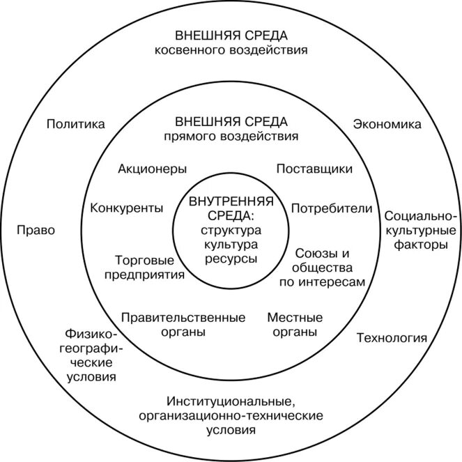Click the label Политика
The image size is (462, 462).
point(76,125)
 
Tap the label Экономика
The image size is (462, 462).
point(387,125)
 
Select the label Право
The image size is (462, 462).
point(36,231)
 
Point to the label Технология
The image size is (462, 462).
point(391,339)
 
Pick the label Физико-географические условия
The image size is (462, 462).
point(91,355)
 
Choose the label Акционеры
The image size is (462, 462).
point(152,169)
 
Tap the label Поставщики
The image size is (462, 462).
point(314,169)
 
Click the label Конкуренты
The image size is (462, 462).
point(127,208)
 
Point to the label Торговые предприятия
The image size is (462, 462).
point(144,267)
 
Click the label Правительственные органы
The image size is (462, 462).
point(183,325)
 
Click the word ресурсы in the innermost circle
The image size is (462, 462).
point(231,258)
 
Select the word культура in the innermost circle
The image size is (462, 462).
point(231,245)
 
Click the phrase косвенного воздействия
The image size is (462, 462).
point(231,50)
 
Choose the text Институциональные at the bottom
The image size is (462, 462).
point(231,401)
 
